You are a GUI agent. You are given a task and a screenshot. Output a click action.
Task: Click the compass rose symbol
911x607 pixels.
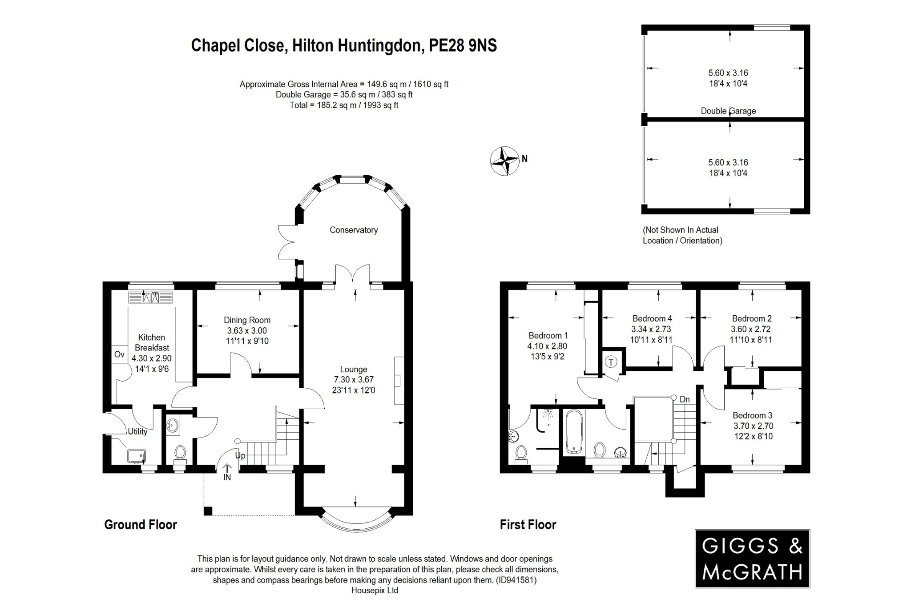click(x=505, y=161)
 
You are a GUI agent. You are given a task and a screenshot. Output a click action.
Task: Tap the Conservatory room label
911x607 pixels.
click(x=354, y=230)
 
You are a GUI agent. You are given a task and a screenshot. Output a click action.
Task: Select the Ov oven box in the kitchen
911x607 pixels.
click(x=119, y=354)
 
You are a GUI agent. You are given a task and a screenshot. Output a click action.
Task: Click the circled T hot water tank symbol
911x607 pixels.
click(x=611, y=362)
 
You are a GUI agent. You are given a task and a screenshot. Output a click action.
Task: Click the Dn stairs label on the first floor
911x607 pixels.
click(x=685, y=399)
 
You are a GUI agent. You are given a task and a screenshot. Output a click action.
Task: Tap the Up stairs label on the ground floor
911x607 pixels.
click(x=240, y=455)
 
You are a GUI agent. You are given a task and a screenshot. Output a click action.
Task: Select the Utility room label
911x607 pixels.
click(x=137, y=431)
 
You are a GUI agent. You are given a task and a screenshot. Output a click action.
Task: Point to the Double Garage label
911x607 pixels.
click(x=728, y=111)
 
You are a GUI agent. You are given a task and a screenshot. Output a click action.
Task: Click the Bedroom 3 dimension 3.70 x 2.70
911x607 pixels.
click(x=753, y=426)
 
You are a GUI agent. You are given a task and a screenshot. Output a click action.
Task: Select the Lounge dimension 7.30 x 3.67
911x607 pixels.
click(x=354, y=380)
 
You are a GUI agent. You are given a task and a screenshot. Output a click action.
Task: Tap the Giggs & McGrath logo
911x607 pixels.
click(x=752, y=559)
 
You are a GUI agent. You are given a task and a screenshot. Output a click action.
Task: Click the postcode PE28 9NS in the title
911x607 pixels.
click(x=463, y=45)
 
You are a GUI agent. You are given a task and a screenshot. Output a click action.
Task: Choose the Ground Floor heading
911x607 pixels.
click(x=141, y=525)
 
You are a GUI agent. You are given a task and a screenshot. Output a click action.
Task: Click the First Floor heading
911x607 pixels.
click(x=528, y=525)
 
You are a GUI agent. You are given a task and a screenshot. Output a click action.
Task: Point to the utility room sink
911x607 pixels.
click(x=136, y=455)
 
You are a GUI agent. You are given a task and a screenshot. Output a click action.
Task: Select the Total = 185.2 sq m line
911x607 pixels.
click(x=343, y=105)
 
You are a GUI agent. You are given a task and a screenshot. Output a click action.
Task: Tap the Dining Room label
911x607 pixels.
click(x=247, y=320)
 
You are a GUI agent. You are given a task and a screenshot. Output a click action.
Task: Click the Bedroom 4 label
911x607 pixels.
click(x=652, y=318)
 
